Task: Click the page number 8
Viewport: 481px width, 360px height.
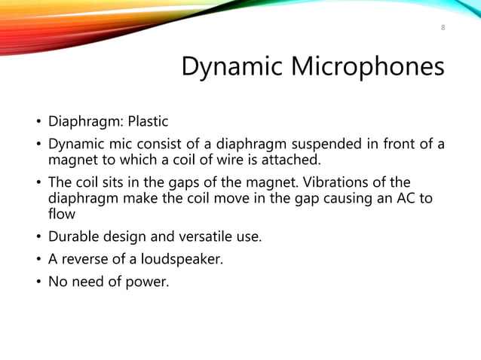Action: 443,28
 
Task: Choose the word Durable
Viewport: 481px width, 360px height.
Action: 74,239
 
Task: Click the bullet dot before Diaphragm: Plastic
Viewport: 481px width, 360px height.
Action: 35,122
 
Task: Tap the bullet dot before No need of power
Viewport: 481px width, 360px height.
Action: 35,285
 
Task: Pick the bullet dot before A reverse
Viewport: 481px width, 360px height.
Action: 35,262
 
